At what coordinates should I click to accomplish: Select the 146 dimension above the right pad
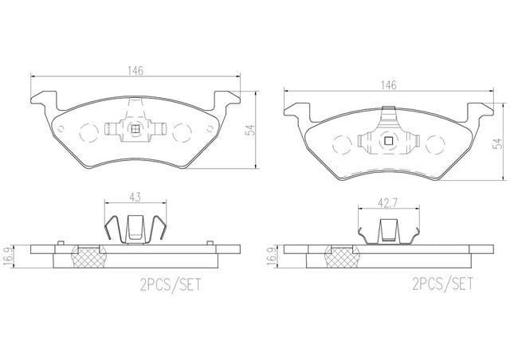point(388,85)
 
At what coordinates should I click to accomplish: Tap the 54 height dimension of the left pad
point(249,131)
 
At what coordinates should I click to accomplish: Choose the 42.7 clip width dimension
point(388,204)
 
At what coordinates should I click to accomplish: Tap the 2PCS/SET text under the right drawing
point(442,283)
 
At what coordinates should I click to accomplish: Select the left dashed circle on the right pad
point(339,144)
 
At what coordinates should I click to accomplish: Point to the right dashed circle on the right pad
point(437,144)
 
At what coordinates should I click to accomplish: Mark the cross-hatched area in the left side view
point(89,256)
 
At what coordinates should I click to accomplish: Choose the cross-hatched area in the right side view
point(343,256)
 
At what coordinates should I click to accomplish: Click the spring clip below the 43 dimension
point(135,228)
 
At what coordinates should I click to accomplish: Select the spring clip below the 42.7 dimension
point(388,233)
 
